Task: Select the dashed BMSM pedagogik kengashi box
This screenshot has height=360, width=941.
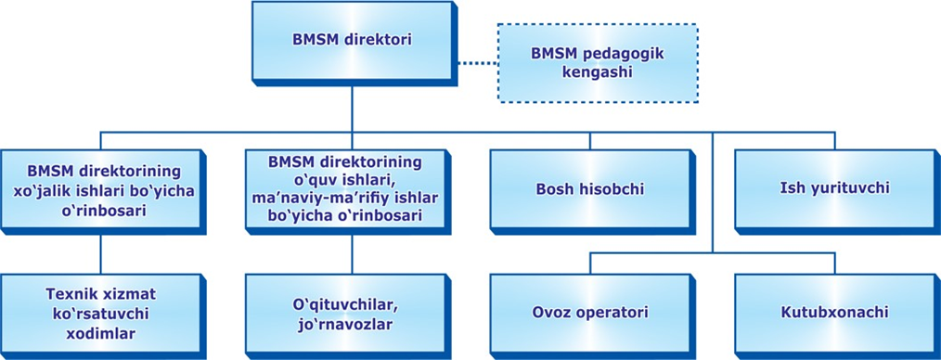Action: (x=597, y=62)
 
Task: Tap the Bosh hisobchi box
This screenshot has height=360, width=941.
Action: (x=590, y=189)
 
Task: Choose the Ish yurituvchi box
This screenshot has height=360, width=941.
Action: (x=834, y=188)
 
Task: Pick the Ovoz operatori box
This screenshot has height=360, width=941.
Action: (x=590, y=312)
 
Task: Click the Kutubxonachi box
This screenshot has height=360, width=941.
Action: (x=834, y=312)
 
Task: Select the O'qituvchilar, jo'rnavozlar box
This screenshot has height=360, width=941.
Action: (x=344, y=312)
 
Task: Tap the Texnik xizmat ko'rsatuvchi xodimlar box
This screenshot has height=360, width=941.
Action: (x=98, y=312)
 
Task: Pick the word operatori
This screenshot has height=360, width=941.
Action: (x=612, y=312)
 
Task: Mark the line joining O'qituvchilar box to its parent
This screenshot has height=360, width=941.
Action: (x=351, y=251)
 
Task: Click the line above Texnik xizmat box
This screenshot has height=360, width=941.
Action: (x=100, y=251)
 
